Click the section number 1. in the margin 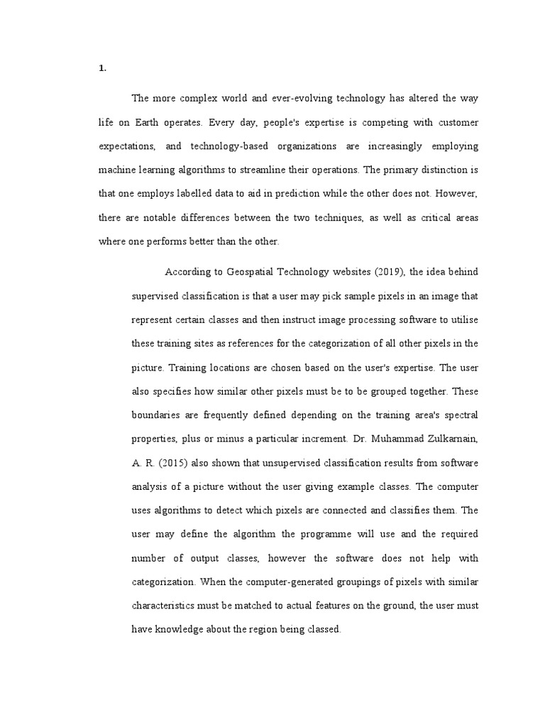pos(102,68)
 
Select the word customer pos(457,122)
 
